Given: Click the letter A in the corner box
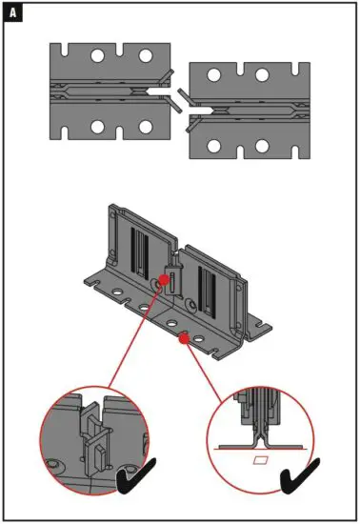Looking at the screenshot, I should tap(13, 14).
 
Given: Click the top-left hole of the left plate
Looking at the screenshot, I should tap(97, 57).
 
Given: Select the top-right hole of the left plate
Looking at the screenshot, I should tap(145, 57).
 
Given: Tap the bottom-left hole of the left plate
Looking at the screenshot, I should tap(97, 127).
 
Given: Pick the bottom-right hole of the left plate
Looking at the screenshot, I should tap(145, 127).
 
